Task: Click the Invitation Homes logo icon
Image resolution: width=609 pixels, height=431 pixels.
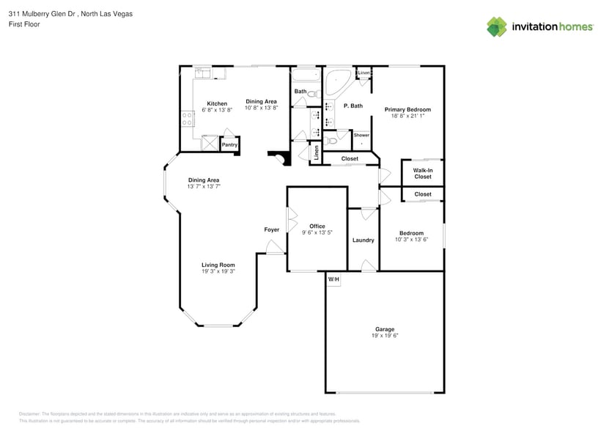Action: click(x=497, y=27)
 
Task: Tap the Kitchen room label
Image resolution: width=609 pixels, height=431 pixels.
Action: click(x=217, y=103)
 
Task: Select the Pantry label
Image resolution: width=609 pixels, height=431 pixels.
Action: click(x=229, y=144)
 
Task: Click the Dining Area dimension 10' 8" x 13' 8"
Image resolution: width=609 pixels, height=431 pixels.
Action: click(x=261, y=108)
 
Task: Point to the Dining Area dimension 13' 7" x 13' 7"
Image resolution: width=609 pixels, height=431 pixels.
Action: click(x=204, y=186)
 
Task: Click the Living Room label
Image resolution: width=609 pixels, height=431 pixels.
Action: click(x=218, y=265)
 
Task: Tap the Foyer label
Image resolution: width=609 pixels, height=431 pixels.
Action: click(x=272, y=229)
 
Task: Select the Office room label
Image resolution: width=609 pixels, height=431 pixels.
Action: click(x=317, y=226)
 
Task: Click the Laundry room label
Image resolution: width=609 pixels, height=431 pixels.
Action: click(x=363, y=240)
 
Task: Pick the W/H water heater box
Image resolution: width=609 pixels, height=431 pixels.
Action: click(x=333, y=279)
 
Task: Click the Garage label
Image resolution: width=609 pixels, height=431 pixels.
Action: click(x=385, y=329)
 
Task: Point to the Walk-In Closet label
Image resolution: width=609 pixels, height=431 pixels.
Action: click(x=423, y=173)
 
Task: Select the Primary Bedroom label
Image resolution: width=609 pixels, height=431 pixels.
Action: click(x=407, y=109)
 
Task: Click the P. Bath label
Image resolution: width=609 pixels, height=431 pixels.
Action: click(x=353, y=106)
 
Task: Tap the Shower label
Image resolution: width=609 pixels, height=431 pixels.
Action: click(x=361, y=135)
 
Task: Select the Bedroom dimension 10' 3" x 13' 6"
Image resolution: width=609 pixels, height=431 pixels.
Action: click(x=411, y=239)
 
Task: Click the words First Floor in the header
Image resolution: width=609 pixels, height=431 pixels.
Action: click(x=25, y=24)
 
